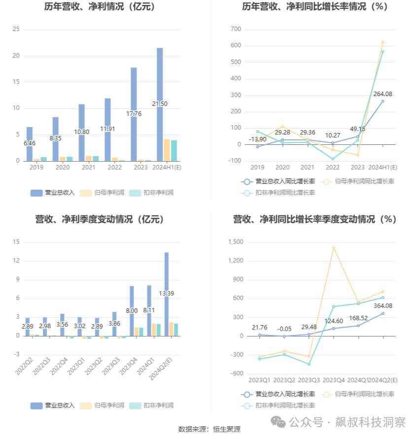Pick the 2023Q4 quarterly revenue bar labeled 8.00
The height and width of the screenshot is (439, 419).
(x=132, y=311)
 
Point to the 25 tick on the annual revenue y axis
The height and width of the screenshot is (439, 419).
(x=16, y=30)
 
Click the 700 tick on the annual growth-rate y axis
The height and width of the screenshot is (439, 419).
(x=236, y=30)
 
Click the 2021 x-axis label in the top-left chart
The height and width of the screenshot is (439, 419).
(x=89, y=168)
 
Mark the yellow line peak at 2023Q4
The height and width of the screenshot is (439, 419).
(x=334, y=248)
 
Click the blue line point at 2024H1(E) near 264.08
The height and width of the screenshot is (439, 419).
(x=383, y=101)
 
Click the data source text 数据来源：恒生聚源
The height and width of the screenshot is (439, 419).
(x=209, y=429)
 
